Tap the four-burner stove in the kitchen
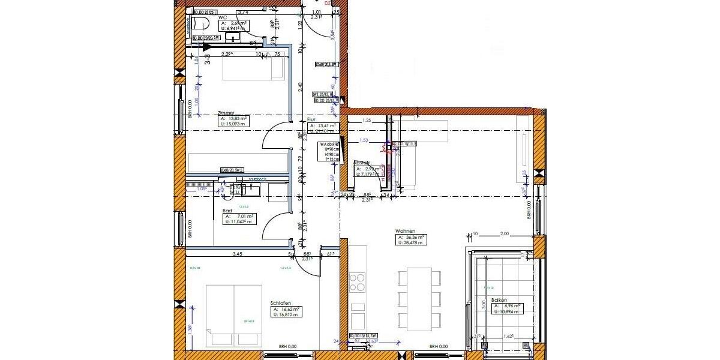358,282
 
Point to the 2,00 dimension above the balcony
504,234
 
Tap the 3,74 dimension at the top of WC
244,11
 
